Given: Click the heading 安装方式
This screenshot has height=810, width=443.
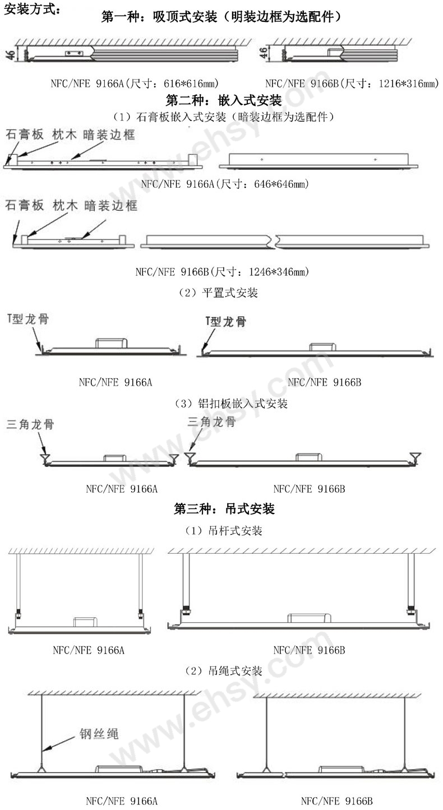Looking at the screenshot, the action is pos(32,9).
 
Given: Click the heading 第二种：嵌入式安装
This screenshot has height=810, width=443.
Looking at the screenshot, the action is pos(224,100).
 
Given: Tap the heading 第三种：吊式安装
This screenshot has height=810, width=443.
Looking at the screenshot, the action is pos(224,509).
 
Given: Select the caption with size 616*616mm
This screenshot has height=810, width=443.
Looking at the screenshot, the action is pos(135,84).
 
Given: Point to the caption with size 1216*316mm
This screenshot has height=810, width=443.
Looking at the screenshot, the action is pos(352,84).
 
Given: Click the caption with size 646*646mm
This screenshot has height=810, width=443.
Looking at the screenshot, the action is pos(225,184).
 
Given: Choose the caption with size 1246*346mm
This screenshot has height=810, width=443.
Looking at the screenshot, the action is pos(222,271).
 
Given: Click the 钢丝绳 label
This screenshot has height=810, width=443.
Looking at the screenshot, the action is pos(99,734).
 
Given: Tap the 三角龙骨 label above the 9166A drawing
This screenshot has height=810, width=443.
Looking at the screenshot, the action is pos(30,424).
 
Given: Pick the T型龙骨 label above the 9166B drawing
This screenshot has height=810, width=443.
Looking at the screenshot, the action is pos(225,321).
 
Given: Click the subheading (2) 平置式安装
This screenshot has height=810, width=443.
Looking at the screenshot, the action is pos(219,293).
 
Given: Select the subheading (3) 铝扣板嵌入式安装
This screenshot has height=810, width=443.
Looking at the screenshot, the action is pos(231,404).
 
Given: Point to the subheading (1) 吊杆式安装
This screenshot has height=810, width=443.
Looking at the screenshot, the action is pos(224,530).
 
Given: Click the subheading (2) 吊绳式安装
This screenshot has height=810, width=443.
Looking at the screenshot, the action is pos(224,671).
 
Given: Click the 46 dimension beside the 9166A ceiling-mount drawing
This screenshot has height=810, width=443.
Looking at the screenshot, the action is pos(11,54).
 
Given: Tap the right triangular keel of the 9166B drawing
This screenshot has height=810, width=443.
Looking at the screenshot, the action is pos(415,456).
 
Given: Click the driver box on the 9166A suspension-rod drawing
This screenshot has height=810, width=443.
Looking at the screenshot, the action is pos(85,622).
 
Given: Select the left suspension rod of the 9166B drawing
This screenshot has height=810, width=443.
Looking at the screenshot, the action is pos(186,581).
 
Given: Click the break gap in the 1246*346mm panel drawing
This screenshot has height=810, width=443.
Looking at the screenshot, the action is pos(273,242).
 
